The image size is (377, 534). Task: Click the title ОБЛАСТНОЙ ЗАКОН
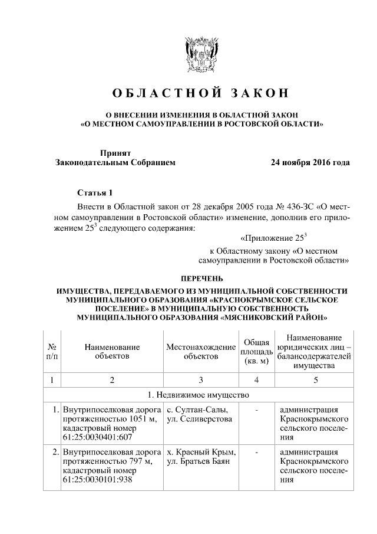tap(201, 93)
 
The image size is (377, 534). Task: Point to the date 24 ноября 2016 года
tap(310, 162)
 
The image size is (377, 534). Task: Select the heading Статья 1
tap(94, 193)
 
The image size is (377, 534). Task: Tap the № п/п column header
tap(52, 352)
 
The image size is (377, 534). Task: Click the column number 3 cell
tap(200, 380)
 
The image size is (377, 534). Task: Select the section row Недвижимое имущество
tap(201, 394)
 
